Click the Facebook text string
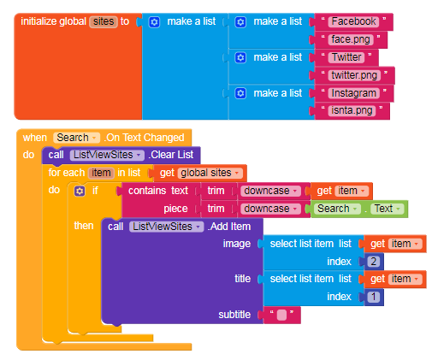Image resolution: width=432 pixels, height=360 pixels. [353, 21]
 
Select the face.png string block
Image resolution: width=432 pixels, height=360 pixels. [351, 39]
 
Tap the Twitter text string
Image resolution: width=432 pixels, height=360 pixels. [346, 57]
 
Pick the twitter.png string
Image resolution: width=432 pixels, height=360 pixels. [354, 75]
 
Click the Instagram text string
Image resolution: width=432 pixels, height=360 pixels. [354, 93]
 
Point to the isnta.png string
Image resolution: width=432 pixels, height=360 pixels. [352, 110]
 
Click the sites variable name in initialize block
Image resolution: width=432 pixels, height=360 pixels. [104, 21]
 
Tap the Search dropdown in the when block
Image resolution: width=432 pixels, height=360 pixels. [76, 138]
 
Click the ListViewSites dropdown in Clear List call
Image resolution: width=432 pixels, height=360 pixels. [107, 155]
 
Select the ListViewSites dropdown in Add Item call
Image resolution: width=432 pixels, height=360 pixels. [166, 227]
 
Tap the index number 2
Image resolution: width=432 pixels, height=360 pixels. [374, 262]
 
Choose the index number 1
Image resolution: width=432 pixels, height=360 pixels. [374, 297]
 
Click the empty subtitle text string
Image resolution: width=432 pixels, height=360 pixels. [281, 315]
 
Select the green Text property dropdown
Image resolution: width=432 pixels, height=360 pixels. [387, 209]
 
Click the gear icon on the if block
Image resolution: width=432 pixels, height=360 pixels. [80, 191]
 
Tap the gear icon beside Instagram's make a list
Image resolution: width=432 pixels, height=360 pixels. [240, 93]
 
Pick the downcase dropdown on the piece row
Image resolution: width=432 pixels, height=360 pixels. [270, 209]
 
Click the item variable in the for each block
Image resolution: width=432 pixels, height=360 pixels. [101, 173]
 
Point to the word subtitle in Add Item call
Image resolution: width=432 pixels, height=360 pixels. [234, 315]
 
